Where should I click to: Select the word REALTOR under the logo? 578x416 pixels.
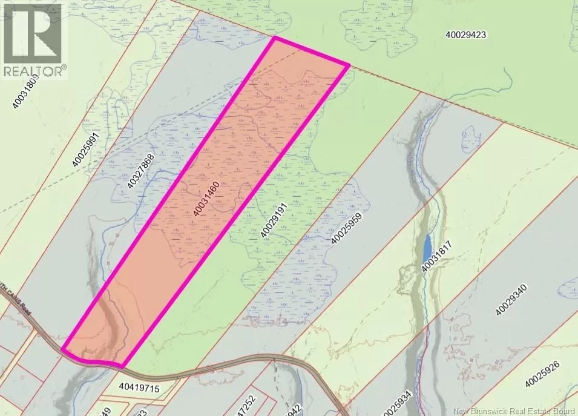[x=34, y=71]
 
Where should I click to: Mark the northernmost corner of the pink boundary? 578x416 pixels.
[x=275, y=38]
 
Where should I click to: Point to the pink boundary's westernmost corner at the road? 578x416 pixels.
[x=63, y=349]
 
